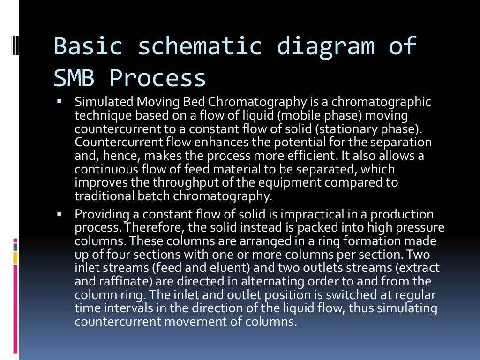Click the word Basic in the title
88,46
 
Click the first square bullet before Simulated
60,101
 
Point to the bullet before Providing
60,214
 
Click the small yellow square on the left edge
15,257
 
